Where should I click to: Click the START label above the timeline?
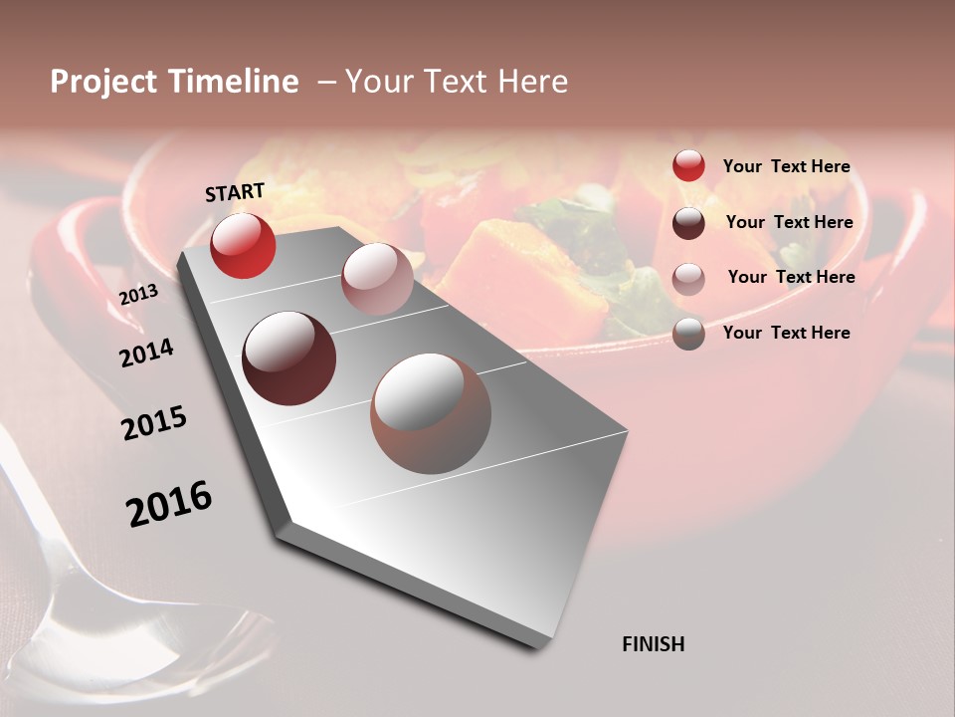235,192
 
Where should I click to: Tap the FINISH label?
653,644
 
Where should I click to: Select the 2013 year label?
138,295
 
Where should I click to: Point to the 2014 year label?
146,354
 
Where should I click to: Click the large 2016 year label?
168,503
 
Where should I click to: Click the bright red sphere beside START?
243,245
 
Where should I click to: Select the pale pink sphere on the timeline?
377,278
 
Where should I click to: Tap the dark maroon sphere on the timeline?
288,358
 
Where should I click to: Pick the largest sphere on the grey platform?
431,413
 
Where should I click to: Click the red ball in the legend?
688,166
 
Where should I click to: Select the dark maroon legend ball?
688,223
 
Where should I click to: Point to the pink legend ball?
688,278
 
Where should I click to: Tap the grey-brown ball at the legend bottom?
688,334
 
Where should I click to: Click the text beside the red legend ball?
786,166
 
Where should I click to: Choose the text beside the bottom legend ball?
786,333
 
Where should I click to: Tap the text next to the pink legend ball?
791,277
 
